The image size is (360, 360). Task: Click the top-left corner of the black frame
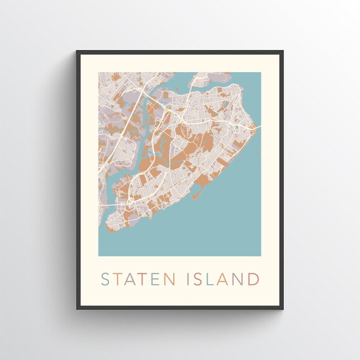[77, 51]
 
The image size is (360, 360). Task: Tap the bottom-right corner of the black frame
[283, 309]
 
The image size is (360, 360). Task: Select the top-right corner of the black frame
[283, 51]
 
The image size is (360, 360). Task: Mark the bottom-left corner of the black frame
[77, 309]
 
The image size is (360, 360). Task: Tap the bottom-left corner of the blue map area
[99, 255]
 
